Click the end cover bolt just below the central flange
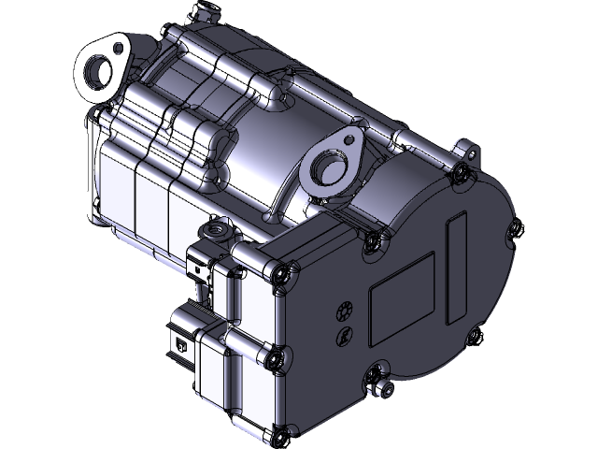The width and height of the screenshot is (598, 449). point(373,242)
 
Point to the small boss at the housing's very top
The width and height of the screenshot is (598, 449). point(200,11)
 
